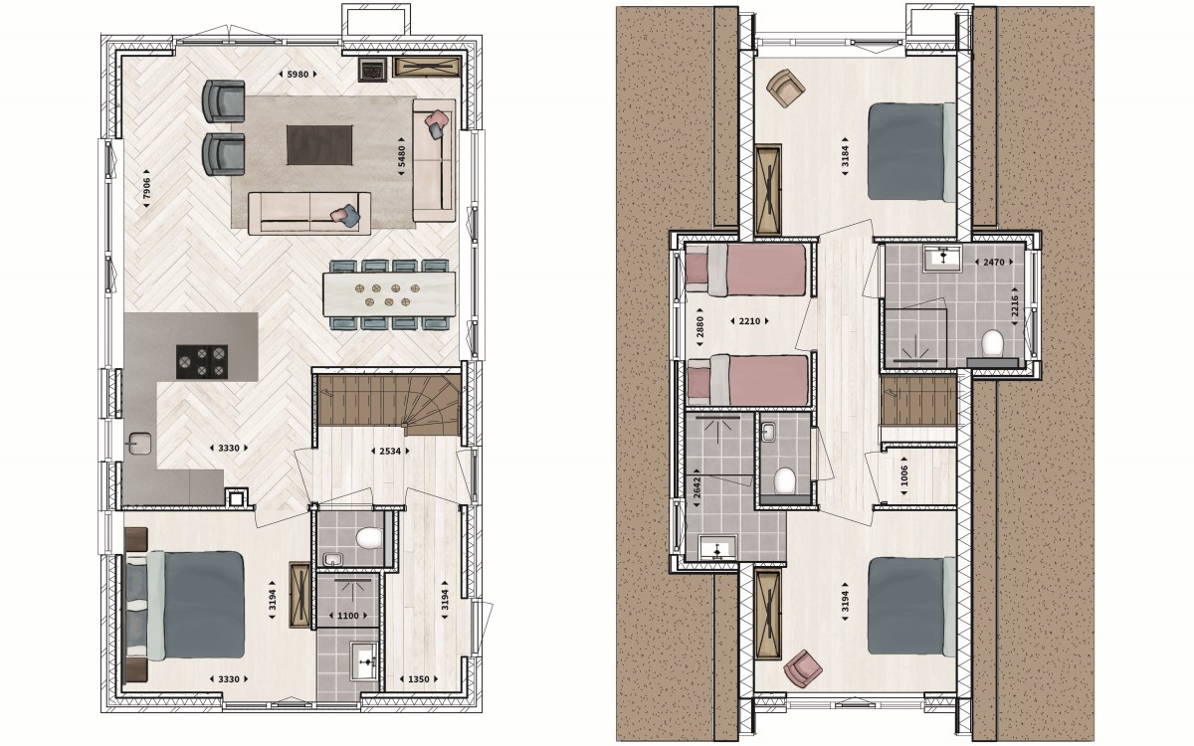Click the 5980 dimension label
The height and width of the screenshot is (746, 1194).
click(x=298, y=75)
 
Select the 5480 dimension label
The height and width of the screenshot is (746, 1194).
click(x=401, y=156)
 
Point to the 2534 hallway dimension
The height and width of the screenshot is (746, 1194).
click(x=390, y=451)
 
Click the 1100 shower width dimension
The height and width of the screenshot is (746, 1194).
click(x=347, y=616)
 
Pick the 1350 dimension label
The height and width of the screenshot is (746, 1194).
click(x=419, y=678)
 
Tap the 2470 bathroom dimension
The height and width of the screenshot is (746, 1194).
click(x=994, y=263)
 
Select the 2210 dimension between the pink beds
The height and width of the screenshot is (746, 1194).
click(x=749, y=321)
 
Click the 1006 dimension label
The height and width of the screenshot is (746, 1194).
click(x=903, y=475)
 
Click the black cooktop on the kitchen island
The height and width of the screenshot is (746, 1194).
click(x=202, y=362)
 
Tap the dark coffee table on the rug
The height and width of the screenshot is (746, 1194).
click(x=319, y=145)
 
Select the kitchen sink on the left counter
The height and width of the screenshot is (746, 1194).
click(x=139, y=444)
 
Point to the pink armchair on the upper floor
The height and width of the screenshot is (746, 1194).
click(x=803, y=667)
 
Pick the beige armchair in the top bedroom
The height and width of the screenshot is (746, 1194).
click(x=786, y=88)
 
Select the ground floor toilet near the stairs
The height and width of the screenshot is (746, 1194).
click(x=369, y=538)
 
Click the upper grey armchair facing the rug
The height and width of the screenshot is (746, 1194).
click(x=224, y=101)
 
